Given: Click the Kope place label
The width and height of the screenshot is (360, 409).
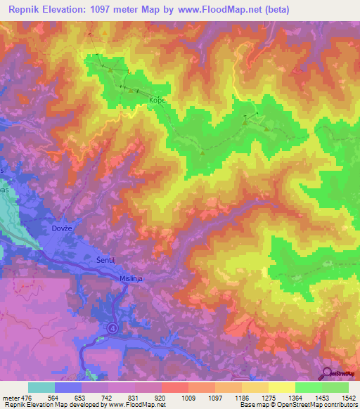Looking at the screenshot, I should coord(156,100).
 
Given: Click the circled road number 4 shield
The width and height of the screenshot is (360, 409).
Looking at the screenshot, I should coord(112,328).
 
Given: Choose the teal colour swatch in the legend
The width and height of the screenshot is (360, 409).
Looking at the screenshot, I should coord(41,387).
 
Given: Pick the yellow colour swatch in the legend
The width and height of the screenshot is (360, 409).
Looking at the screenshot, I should coord(282,387).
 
